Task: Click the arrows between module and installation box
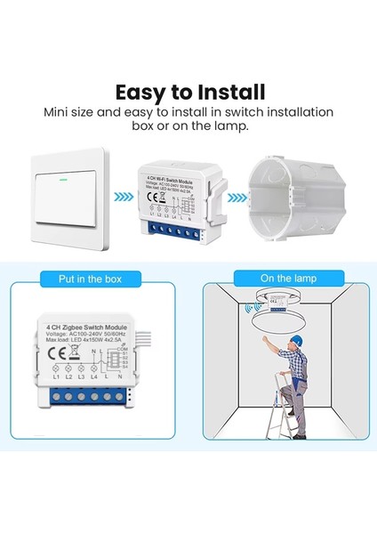[233, 197]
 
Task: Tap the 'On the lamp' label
[283, 279]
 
